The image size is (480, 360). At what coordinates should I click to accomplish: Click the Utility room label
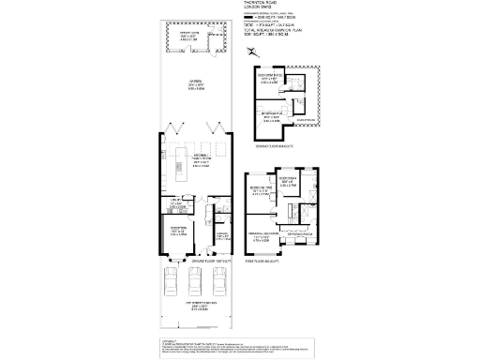click(x=175, y=202)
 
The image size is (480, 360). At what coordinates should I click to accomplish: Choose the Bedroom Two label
click(x=262, y=191)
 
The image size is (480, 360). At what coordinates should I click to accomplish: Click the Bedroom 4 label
click(x=288, y=179)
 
